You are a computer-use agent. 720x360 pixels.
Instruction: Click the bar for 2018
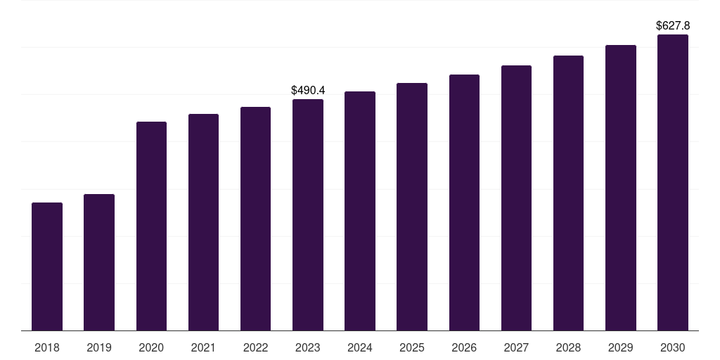tap(47, 266)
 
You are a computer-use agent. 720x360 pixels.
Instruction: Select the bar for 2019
tap(99, 262)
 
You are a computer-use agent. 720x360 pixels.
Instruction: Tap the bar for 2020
tap(151, 226)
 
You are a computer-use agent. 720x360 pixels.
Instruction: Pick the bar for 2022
tap(255, 219)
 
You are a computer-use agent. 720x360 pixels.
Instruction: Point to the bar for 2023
tap(308, 214)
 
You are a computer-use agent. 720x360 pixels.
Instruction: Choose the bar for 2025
tap(412, 207)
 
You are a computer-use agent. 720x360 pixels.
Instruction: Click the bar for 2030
tap(673, 182)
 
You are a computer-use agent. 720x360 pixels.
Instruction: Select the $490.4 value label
tap(308, 91)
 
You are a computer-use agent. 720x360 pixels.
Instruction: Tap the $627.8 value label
tap(673, 26)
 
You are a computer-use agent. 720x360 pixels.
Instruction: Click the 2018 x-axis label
tap(47, 347)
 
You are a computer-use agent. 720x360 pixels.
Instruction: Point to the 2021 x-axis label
tap(203, 347)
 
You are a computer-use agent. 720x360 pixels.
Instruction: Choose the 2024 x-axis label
tap(360, 347)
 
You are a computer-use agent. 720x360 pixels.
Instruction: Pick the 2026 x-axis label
tap(464, 347)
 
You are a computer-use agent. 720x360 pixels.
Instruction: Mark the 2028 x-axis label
tap(568, 347)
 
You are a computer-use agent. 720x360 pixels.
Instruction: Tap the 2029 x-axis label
tap(620, 347)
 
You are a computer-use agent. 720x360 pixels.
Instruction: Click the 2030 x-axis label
tap(673, 347)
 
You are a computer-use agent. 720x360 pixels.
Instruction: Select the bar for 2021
tap(203, 222)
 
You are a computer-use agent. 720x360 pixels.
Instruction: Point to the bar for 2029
tap(620, 188)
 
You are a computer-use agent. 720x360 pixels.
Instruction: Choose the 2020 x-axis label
tap(151, 347)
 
